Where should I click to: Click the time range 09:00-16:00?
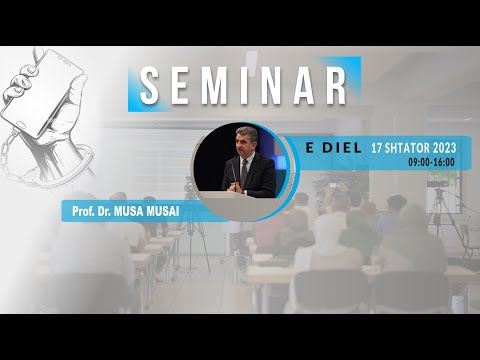click(x=431, y=162)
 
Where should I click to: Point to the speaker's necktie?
click(x=242, y=171)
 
